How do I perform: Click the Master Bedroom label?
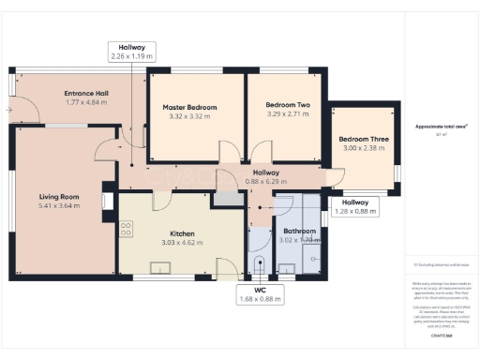click(189, 107)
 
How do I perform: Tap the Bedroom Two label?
click(288, 106)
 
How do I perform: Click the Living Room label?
click(58, 197)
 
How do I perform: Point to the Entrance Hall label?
click(86, 94)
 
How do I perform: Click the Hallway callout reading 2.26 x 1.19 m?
click(131, 52)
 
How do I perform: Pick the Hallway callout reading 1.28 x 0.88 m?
click(354, 206)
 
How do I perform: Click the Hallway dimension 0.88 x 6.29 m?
click(265, 182)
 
